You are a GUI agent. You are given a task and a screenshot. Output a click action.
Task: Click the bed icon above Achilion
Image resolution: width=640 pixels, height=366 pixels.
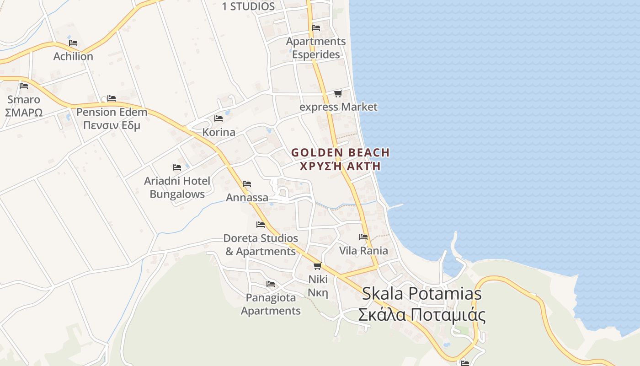point(73,43)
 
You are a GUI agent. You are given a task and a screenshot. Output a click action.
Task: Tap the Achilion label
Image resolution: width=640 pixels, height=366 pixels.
point(73,56)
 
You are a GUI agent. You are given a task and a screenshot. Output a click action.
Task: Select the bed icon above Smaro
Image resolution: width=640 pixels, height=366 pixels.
point(24,86)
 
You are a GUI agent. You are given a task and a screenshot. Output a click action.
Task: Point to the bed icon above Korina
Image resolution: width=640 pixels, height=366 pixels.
point(219,118)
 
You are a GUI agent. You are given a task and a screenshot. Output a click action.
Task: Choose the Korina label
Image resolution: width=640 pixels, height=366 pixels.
point(219,132)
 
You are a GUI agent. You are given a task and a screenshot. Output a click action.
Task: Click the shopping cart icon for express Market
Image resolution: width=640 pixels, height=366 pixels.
point(338,94)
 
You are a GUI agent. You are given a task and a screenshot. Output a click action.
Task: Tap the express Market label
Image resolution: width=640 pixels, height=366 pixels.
point(338,107)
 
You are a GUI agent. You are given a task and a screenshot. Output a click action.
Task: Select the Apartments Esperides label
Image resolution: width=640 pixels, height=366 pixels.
point(316,48)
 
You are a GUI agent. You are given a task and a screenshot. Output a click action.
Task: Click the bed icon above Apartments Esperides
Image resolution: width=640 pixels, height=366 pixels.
point(315,27)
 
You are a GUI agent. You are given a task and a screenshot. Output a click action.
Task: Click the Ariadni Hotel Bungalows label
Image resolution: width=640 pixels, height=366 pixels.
point(177,187)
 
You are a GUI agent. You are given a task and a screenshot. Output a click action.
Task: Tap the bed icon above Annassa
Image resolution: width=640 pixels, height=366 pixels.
point(247,184)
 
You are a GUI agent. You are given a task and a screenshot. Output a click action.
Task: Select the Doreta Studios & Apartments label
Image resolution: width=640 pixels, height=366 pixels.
point(261,245)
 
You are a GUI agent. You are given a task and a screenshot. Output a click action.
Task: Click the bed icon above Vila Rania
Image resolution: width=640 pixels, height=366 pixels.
point(363,237)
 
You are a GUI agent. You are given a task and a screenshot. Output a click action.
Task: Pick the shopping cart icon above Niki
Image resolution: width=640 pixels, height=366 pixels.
point(318,266)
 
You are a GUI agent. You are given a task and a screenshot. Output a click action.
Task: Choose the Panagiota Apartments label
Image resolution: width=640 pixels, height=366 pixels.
point(271,304)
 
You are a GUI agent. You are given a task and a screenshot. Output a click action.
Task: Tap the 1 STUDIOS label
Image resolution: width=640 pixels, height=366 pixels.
point(248,6)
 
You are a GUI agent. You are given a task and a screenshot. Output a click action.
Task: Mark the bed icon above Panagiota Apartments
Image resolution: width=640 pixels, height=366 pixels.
point(271,284)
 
